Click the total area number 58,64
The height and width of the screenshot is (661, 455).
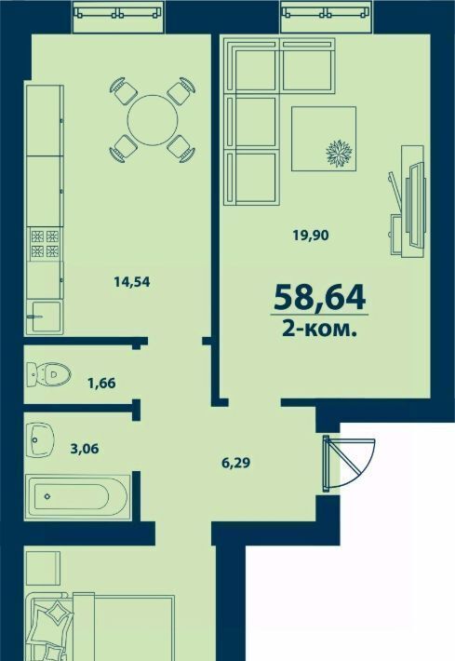(319, 297)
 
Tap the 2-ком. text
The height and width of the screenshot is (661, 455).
(320, 329)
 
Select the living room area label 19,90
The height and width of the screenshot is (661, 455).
(311, 236)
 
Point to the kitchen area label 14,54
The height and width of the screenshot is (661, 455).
(132, 281)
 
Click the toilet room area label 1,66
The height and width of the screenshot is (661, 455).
(101, 384)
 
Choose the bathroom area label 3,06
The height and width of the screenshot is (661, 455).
(85, 449)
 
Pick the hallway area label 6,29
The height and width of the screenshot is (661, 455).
(236, 463)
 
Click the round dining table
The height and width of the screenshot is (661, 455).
(153, 120)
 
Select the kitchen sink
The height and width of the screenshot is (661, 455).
(45, 317)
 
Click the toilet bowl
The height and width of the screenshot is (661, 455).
(48, 374)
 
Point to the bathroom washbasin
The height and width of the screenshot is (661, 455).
(40, 439)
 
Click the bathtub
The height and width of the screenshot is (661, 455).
(78, 496)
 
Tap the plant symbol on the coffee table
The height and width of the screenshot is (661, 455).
(339, 152)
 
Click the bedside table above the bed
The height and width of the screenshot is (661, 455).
(42, 568)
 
